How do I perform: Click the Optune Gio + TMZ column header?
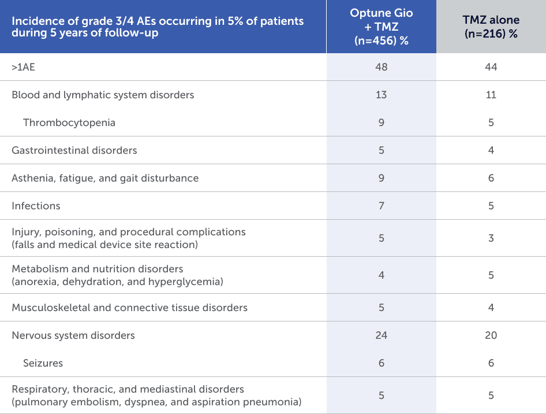click(381, 27)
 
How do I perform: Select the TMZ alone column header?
click(491, 27)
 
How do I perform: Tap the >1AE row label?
click(24, 67)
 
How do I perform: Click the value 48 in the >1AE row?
click(381, 67)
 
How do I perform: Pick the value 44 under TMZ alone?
click(491, 67)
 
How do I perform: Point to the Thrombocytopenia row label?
click(69, 123)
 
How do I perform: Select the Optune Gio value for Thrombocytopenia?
click(381, 123)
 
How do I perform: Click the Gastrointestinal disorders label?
click(74, 150)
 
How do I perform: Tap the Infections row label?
click(36, 206)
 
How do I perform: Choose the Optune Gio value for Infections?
click(381, 206)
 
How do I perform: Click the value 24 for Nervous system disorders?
click(381, 335)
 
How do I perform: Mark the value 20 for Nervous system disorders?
click(491, 335)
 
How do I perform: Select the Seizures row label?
click(43, 363)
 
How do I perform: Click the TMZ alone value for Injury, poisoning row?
click(491, 238)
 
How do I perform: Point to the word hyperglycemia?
click(190, 282)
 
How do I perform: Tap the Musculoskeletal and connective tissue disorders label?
click(130, 308)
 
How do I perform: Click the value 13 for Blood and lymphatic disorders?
click(381, 95)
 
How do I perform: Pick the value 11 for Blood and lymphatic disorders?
click(491, 95)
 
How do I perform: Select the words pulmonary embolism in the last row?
click(56, 402)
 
